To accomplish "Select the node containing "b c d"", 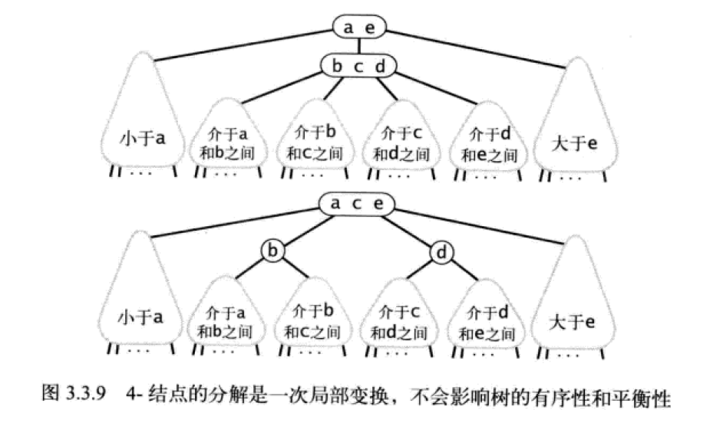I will (358, 67).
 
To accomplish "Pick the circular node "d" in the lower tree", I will (442, 251).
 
